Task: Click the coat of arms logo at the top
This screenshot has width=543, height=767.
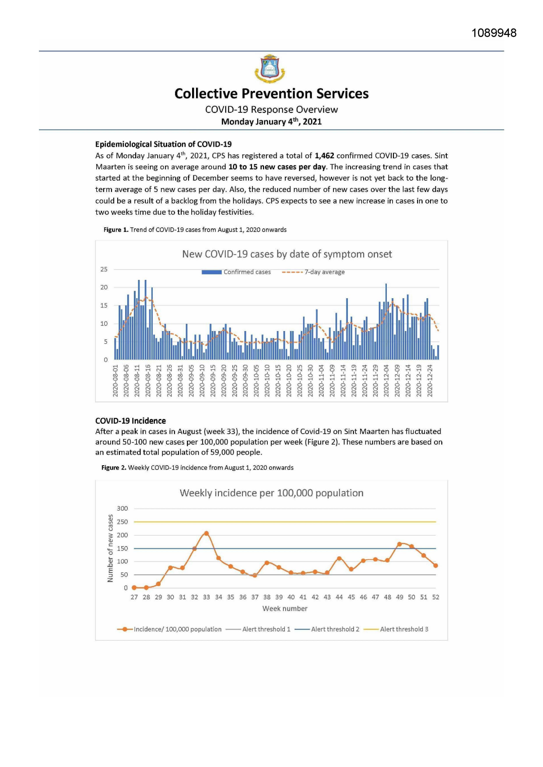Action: coord(270,69)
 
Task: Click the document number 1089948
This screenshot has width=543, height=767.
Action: coord(494,33)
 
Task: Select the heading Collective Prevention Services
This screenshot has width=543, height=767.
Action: coord(271,94)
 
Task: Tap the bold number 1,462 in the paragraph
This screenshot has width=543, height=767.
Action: coord(324,156)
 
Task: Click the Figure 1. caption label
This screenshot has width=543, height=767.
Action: coord(116,230)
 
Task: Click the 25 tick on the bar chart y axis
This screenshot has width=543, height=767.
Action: coord(104,269)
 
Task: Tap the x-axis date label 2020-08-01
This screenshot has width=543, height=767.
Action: coord(116,380)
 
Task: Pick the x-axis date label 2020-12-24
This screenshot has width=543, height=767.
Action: coord(430,380)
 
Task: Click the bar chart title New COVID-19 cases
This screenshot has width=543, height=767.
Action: coord(287,254)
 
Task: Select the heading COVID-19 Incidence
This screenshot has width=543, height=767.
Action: coord(130,421)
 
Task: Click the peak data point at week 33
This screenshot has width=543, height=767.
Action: coord(207,533)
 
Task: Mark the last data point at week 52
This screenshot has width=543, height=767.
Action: coord(435,566)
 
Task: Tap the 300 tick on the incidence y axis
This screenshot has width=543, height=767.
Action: coord(123,509)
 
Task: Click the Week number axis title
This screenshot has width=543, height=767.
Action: coord(285,609)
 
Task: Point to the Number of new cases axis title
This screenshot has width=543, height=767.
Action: coord(110,548)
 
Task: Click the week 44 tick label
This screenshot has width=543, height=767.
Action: coord(339,597)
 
